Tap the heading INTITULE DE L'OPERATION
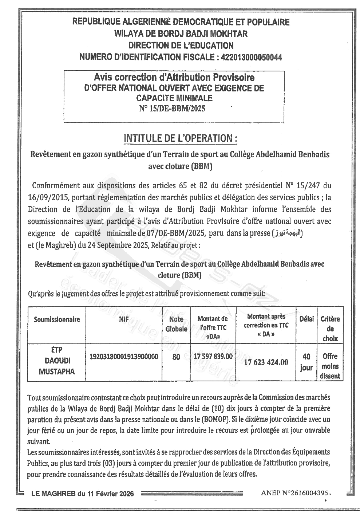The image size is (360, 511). tap(181, 138)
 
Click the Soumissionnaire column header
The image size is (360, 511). tap(57, 319)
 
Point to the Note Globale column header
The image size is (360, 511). tap(176, 324)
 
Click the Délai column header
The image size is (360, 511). tap(306, 319)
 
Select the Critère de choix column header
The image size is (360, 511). tap(330, 329)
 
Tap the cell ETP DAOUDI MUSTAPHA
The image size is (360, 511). tap(57, 361)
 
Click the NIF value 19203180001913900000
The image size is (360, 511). tap(124, 357)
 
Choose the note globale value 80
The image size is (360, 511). tap(176, 357)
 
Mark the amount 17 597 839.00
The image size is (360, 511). tap(213, 356)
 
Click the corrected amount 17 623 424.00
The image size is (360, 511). tap(266, 362)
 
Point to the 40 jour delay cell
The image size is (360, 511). tap(306, 362)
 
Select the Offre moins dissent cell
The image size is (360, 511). tap(330, 366)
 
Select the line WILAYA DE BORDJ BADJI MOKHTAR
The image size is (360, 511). tap(181, 34)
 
